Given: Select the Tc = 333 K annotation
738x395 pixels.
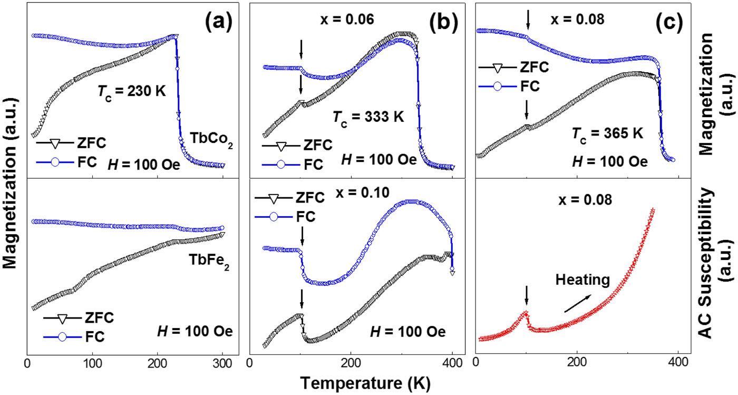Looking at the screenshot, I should coord(369,131).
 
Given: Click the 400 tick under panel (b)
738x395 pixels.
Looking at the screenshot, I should coord(452,363).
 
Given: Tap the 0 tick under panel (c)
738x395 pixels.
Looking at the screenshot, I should coord(477,363).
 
